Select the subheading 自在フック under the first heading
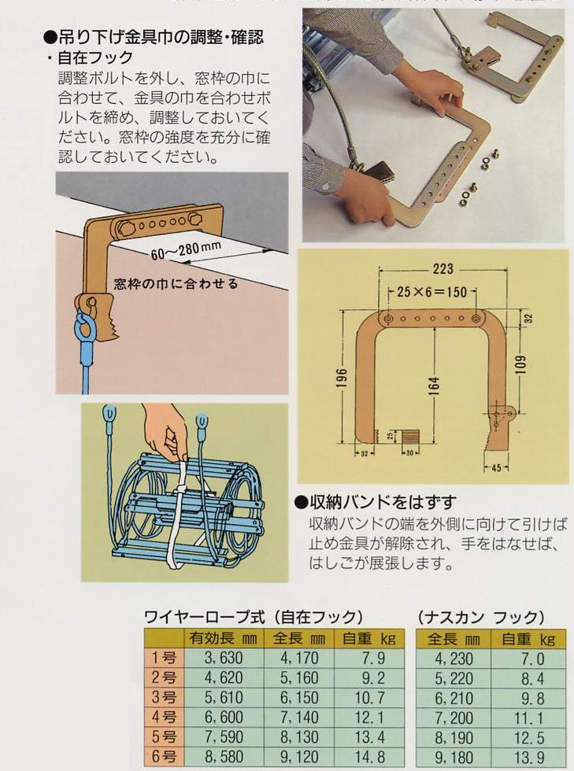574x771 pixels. click(x=94, y=57)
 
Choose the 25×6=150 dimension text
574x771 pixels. click(x=432, y=293)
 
